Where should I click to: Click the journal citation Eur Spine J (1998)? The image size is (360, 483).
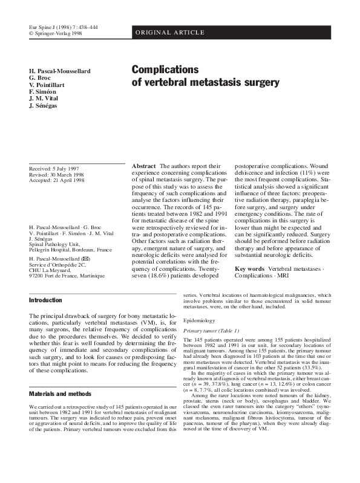[59, 28]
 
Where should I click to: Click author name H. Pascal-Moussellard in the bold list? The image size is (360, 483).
[60, 71]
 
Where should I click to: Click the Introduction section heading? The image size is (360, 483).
[46, 300]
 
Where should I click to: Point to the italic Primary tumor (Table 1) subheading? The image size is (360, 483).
[212, 331]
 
